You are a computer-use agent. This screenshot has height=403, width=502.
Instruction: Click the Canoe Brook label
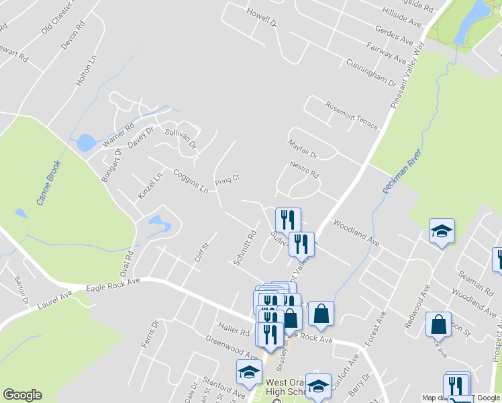49,183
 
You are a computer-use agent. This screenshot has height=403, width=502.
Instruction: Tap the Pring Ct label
227,181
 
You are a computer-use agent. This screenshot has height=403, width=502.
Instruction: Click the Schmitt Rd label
246,249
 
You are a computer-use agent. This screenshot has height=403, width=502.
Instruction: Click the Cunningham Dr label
371,72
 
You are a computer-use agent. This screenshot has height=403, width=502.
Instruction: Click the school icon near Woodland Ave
442,230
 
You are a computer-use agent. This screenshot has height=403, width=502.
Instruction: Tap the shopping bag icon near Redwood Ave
438,324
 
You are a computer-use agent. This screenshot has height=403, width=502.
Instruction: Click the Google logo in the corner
22,395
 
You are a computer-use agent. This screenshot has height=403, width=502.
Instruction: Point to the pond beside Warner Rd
85,142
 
